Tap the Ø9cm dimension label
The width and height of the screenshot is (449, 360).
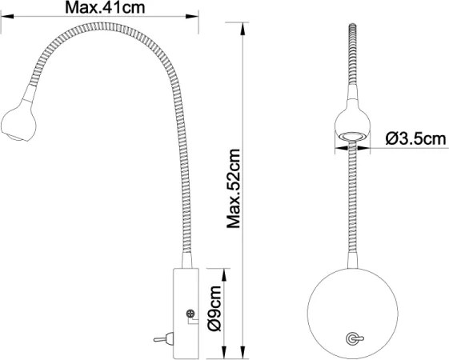[x=214, y=313]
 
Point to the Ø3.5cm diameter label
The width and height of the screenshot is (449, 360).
[x=414, y=138]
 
